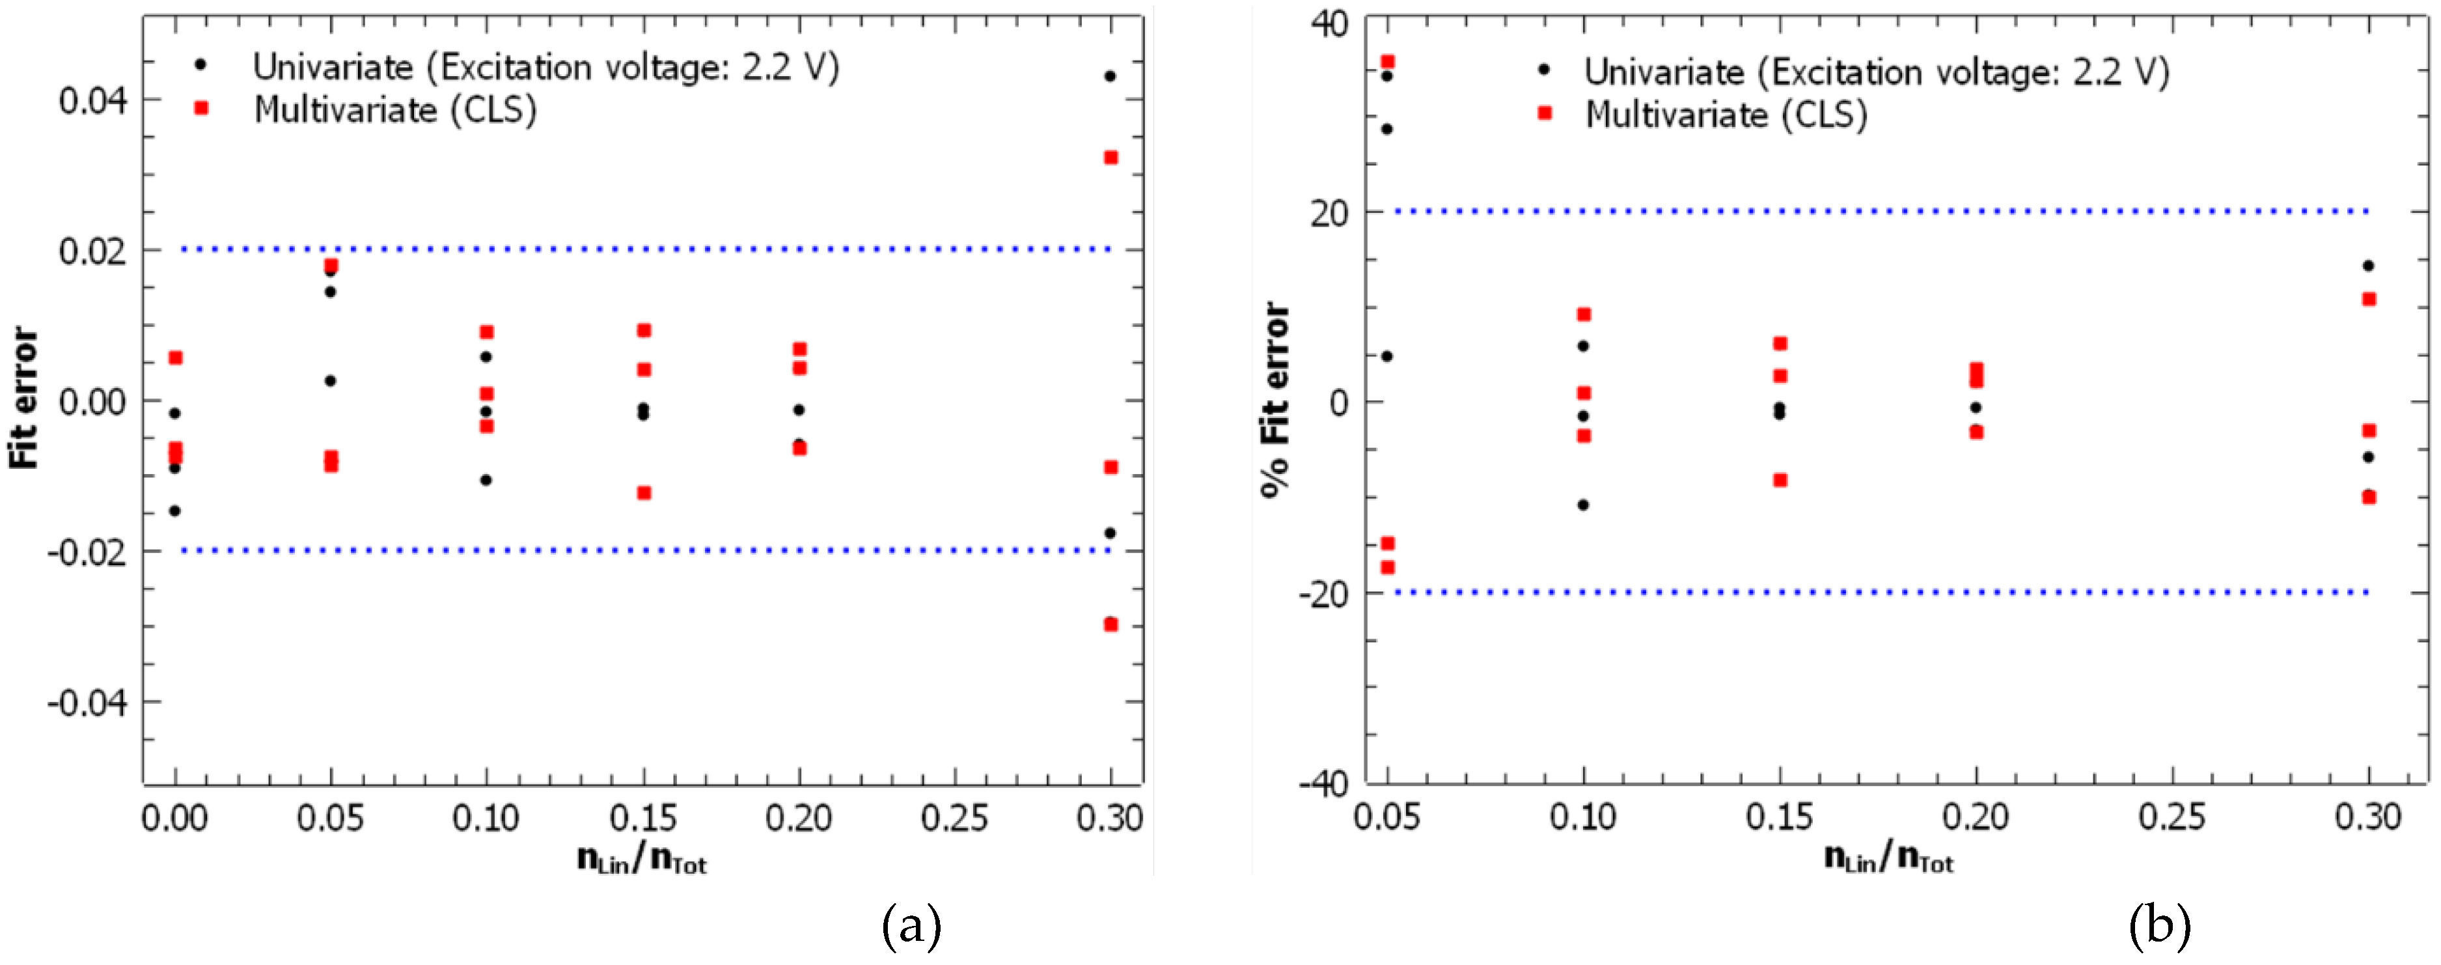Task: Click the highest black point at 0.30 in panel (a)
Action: [1110, 76]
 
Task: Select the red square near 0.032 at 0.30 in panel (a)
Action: [1110, 158]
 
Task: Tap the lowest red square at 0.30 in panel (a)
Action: [1110, 624]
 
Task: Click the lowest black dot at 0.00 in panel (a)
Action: [174, 511]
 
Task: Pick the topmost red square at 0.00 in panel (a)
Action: [175, 357]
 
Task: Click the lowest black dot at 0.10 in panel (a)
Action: [486, 480]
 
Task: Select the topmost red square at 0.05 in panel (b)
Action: [1387, 62]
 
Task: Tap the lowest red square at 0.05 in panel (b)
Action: [1387, 568]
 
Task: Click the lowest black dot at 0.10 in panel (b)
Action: [1582, 505]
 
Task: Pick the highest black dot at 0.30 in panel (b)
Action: [2368, 266]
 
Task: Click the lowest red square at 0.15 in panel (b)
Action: [1780, 481]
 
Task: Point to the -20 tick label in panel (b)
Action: [1323, 593]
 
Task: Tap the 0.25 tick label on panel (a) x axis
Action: [954, 818]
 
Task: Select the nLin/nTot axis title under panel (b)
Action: [1888, 859]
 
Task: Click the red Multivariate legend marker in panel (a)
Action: [201, 109]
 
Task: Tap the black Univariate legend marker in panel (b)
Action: [1543, 69]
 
